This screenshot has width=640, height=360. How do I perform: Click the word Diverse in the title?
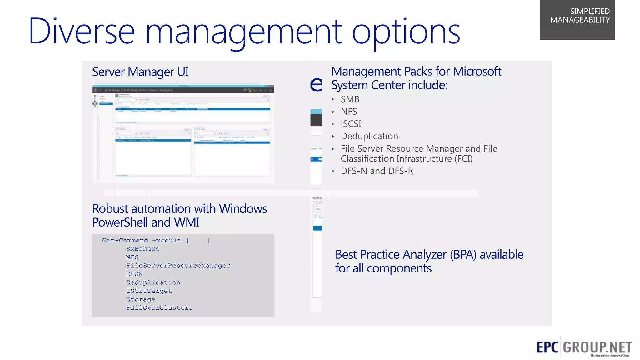coord(82,31)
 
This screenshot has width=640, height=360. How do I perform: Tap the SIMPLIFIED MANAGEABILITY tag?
coord(577,19)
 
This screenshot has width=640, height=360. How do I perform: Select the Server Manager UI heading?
coord(140,72)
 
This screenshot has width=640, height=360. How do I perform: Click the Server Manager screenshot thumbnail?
coord(183,134)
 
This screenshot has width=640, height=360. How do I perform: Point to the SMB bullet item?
coord(350,99)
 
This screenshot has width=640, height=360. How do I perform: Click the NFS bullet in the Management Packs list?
coord(349,112)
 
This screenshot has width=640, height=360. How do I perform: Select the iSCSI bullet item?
coord(351,124)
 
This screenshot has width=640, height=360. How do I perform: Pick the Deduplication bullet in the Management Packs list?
coord(369,136)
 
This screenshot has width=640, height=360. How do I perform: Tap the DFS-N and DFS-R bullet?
coord(377,171)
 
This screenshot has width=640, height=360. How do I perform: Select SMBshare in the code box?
coord(143,249)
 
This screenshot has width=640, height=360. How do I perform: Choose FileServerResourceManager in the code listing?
coord(178,266)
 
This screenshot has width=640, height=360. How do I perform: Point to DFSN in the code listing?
coord(134,274)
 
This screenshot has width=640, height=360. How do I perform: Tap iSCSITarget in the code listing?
coord(149,291)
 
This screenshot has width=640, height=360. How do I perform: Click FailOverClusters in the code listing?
coord(159,308)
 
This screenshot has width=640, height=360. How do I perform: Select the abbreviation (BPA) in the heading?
coord(463,255)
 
